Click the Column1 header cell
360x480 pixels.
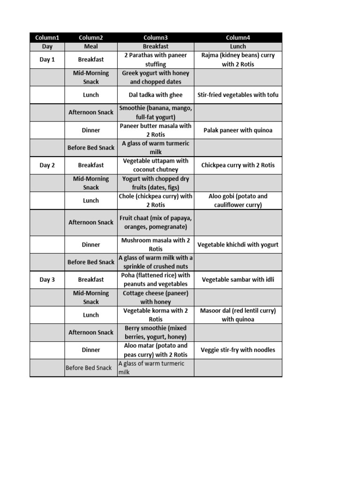tap(47, 37)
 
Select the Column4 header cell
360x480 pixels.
tap(238, 37)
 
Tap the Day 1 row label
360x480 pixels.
tap(47, 60)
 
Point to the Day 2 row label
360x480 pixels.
tap(47, 165)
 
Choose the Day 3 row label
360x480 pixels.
tap(47, 279)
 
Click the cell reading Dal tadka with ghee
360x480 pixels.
tap(156, 95)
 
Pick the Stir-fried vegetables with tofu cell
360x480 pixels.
tap(238, 95)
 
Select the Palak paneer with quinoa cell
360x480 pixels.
tap(238, 130)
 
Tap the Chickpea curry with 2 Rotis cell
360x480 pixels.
tap(238, 165)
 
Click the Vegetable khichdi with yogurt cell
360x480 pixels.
tap(238, 244)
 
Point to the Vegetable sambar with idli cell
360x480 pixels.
tap(238, 279)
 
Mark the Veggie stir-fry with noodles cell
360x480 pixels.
tap(238, 350)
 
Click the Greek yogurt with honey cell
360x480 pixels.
tap(156, 77)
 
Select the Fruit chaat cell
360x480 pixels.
tap(156, 222)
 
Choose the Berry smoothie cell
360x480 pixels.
tap(156, 332)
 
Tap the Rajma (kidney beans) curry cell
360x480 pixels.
tap(238, 60)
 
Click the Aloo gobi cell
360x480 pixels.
tap(238, 201)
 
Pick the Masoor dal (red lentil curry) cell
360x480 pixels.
tap(238, 315)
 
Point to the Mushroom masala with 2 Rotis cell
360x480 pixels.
tap(156, 244)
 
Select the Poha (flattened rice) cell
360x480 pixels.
tap(156, 279)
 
